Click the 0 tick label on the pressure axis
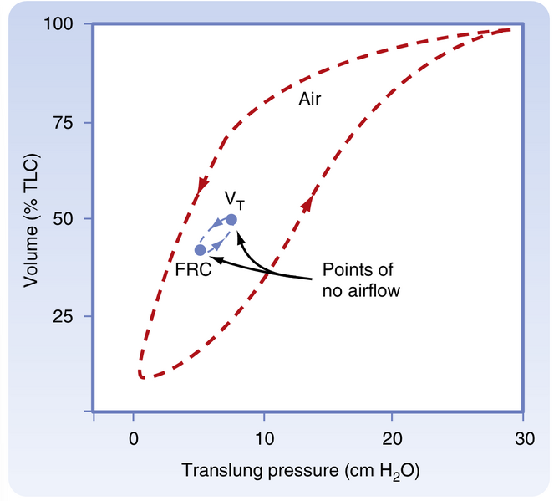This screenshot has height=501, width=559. pyautogui.click(x=133, y=437)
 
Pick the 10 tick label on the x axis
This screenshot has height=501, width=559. pyautogui.click(x=263, y=437)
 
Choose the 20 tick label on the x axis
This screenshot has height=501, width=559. pyautogui.click(x=393, y=437)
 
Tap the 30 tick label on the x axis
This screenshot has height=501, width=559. pyautogui.click(x=523, y=437)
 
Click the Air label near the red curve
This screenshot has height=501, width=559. pyautogui.click(x=310, y=99)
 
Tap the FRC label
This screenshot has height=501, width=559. pyautogui.click(x=192, y=269)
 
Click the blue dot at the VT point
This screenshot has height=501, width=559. pyautogui.click(x=231, y=219)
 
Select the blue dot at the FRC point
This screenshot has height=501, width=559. pyautogui.click(x=200, y=250)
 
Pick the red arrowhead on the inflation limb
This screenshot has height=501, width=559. pyautogui.click(x=308, y=202)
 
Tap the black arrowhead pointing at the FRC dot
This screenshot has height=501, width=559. pyautogui.click(x=213, y=260)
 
